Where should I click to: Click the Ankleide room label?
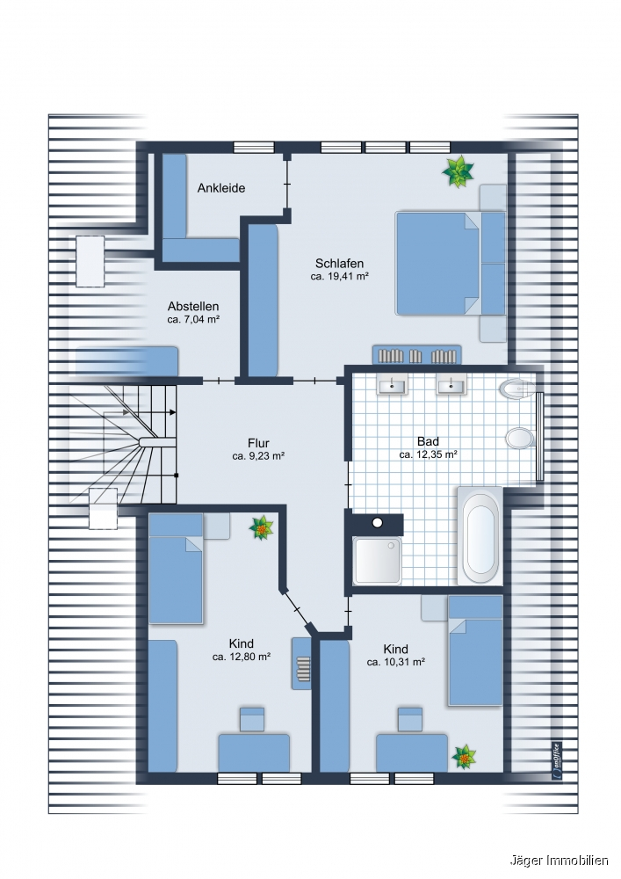tap(221, 188)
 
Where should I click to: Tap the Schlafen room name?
tap(339, 263)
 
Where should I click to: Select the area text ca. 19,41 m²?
tap(339, 276)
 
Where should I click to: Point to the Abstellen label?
tap(193, 306)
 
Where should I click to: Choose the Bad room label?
tap(428, 442)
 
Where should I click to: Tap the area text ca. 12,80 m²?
tap(242, 657)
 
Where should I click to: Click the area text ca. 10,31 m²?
tap(396, 662)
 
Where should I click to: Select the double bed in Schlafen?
tap(437, 264)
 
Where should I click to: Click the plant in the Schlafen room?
tap(458, 171)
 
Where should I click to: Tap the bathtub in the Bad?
tap(480, 535)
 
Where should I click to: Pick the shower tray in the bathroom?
tap(378, 561)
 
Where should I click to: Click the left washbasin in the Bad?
tap(392, 386)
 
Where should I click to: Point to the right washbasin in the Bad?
tap(451, 386)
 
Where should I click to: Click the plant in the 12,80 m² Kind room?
tap(262, 527)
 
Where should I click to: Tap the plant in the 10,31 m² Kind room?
tap(464, 758)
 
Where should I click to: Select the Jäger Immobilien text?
tap(559, 861)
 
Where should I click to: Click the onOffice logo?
tap(556, 760)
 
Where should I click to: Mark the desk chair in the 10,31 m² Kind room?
tap(410, 719)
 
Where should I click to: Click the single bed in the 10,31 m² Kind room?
tap(475, 650)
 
